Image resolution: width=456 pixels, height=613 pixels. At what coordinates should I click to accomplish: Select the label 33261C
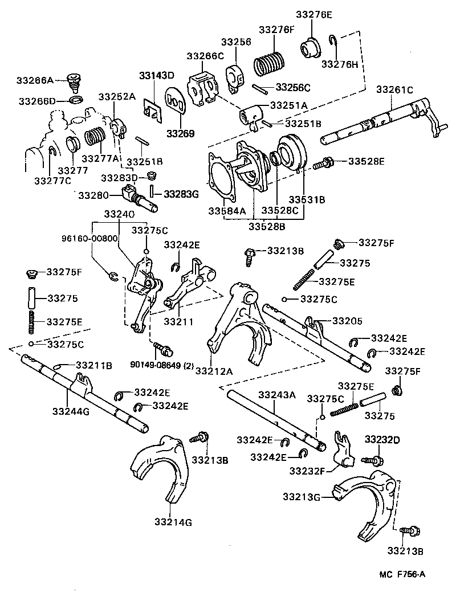pos(394,89)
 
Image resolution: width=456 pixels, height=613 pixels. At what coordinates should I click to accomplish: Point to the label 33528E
pos(366,162)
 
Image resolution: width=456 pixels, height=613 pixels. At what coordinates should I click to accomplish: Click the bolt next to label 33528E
pos(323,163)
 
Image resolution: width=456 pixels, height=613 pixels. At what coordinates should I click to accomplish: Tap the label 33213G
pos(300,497)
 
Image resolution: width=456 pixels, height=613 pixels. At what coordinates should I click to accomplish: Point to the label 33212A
pos(215,371)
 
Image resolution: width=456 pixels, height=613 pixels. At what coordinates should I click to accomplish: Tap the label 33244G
pos(71,411)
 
